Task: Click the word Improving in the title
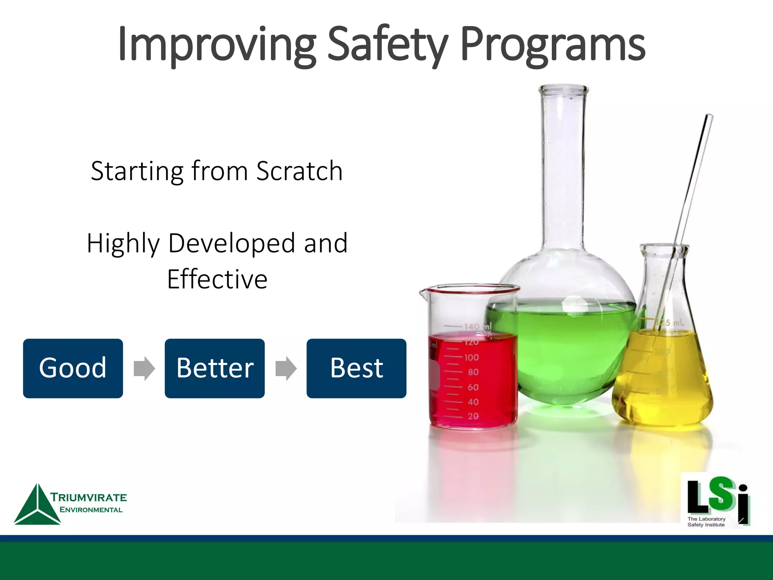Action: point(217,45)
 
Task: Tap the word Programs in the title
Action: point(553,45)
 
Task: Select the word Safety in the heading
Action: point(388,45)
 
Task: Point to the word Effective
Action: point(217,279)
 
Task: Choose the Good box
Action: point(73,368)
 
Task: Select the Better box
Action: point(214,368)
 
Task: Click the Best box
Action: point(356,368)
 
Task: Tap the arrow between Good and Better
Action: point(144,368)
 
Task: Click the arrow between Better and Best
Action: point(286,368)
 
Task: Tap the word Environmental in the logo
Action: point(91,510)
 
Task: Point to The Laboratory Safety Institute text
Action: point(706,522)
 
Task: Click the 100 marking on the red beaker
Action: point(471,357)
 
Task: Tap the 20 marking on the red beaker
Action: point(473,416)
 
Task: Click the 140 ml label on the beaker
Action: point(477,326)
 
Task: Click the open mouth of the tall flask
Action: point(563,89)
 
